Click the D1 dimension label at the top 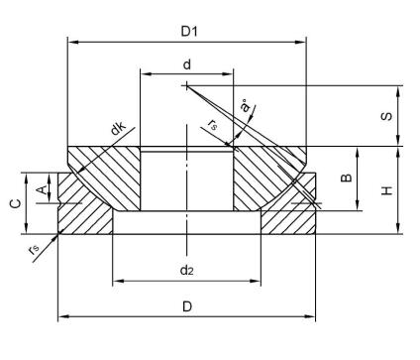(x=187, y=31)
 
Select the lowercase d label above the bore (x=186, y=63)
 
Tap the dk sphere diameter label (x=118, y=128)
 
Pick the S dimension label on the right (x=387, y=115)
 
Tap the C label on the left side (x=14, y=203)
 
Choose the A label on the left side (x=41, y=186)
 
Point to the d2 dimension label (x=186, y=269)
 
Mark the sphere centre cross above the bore (x=185, y=85)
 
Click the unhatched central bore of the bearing (x=185, y=179)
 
